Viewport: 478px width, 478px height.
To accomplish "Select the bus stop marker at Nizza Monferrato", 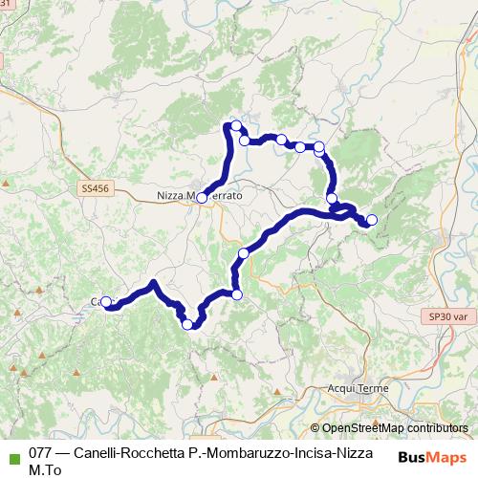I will pos(202,198).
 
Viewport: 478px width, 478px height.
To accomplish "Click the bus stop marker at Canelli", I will pos(106,302).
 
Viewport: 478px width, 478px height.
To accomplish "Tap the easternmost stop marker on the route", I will pos(372,220).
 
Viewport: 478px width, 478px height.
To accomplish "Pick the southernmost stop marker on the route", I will pos(187,324).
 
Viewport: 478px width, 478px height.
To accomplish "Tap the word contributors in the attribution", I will pos(439,428).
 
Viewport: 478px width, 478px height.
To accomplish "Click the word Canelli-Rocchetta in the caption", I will pos(129,453).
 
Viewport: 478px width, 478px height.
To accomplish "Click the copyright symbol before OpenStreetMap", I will pos(315,428).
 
